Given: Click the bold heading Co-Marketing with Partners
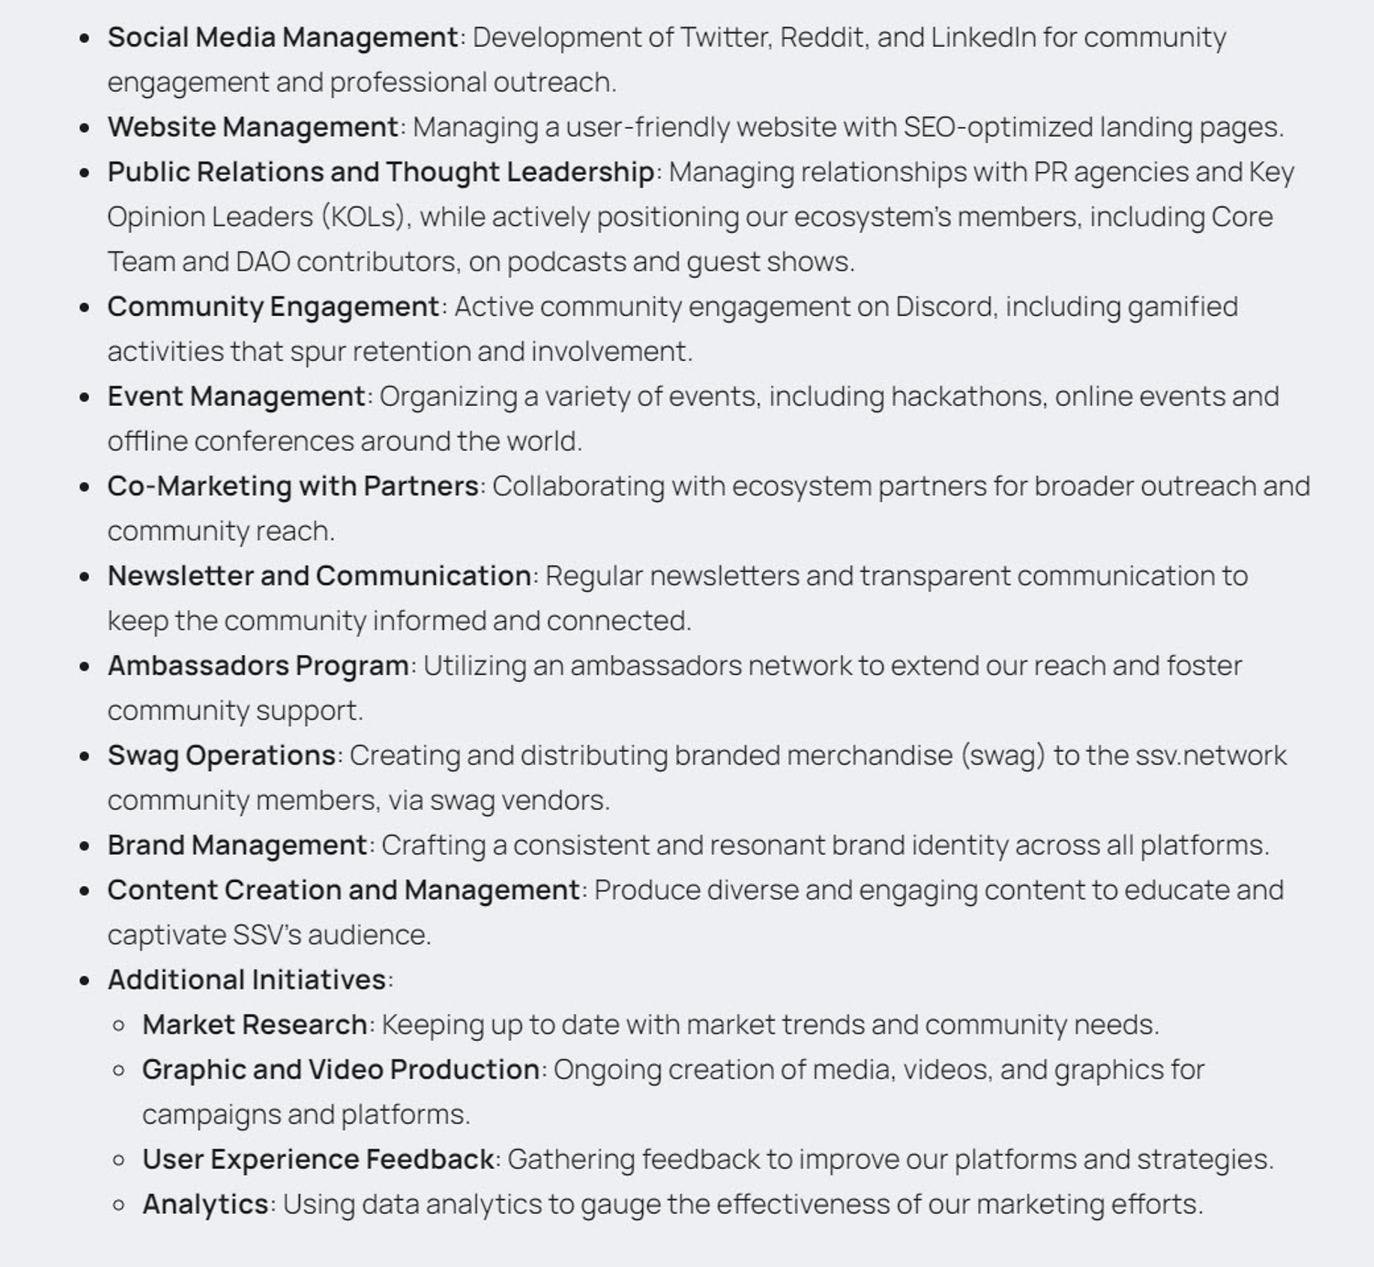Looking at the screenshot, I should pos(293,486).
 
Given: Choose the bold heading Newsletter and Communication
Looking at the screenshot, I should pos(319,576).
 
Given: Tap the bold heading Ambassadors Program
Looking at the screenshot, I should pos(258,666).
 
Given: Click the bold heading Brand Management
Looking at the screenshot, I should pos(237,846).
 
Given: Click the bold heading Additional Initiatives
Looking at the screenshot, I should pos(246,980).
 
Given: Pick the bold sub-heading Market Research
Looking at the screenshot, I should pos(255,1025).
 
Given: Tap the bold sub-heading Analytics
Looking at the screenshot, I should pos(205,1205).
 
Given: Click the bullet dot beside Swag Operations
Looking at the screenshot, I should pos(85,757).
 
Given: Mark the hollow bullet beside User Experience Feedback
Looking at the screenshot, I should pos(118,1160).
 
